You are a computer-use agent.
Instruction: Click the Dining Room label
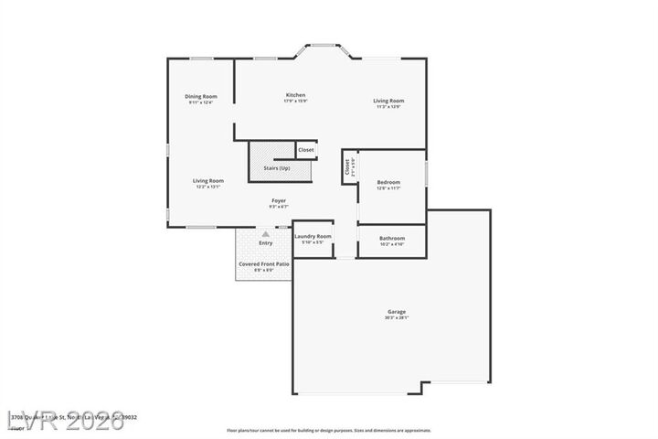[x=201, y=96]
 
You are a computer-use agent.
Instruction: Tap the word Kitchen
[x=295, y=95]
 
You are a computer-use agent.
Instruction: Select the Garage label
[x=396, y=312]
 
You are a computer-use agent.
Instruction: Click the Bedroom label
[x=388, y=183]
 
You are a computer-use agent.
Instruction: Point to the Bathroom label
[x=391, y=238]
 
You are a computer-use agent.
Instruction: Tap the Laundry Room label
[x=313, y=236]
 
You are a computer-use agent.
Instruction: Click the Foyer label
[x=279, y=200]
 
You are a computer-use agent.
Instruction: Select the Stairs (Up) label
[x=277, y=168]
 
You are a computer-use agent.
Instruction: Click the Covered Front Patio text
[x=263, y=264]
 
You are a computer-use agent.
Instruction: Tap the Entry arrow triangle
[x=266, y=234]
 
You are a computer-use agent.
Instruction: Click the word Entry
[x=266, y=243]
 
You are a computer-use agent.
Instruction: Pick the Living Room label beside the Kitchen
[x=387, y=101]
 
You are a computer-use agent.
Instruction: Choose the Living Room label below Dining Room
[x=208, y=180]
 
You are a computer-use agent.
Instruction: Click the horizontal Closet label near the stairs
[x=306, y=149]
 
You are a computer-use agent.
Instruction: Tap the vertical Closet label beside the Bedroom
[x=348, y=167]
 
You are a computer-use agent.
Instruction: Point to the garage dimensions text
[x=396, y=318]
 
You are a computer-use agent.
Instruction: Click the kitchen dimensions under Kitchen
[x=295, y=102]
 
